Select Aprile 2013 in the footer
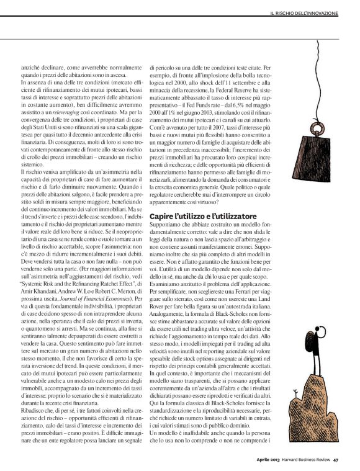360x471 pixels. (269, 459)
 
